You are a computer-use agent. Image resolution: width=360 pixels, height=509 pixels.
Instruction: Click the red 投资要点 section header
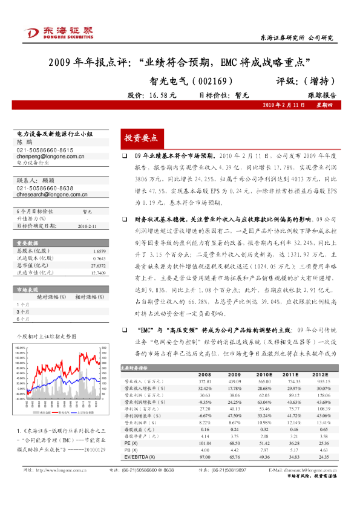click(x=141, y=138)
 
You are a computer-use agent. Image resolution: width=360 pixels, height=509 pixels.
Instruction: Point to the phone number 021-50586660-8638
click(x=45, y=188)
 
